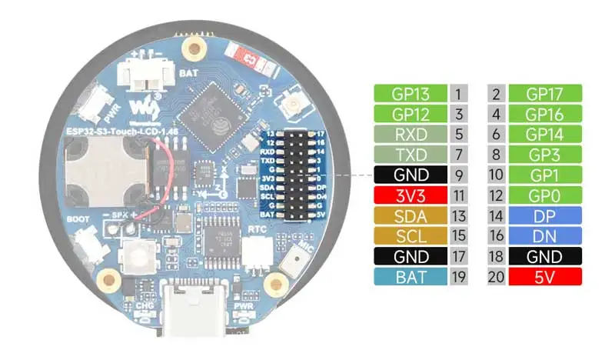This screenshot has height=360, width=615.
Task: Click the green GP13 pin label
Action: click(x=410, y=94)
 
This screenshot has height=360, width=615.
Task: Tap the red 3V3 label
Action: click(x=410, y=195)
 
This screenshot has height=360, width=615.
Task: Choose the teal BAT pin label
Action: click(x=410, y=276)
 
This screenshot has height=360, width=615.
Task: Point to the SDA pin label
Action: click(x=410, y=215)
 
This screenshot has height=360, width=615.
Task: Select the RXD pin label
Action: click(x=410, y=134)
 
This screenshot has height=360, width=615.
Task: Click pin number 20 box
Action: click(x=496, y=276)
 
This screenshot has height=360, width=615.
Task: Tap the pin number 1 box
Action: click(x=459, y=94)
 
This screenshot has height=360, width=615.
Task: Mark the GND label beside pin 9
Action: click(x=410, y=175)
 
